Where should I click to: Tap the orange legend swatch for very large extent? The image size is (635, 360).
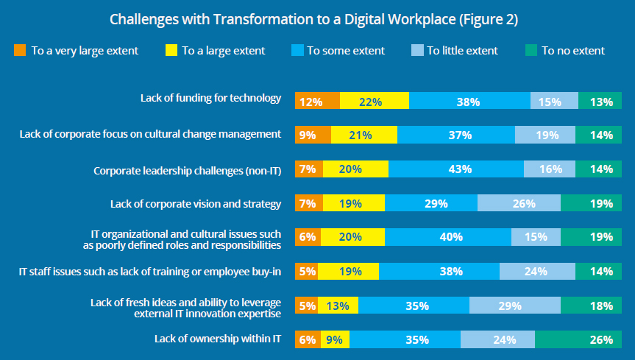pyautogui.click(x=20, y=51)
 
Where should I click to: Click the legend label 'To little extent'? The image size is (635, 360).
pyautogui.click(x=462, y=51)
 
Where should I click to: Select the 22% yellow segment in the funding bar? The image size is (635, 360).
pyautogui.click(x=375, y=102)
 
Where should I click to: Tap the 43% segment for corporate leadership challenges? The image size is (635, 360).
pyautogui.click(x=456, y=169)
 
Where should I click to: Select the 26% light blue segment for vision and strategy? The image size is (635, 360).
pyautogui.click(x=519, y=203)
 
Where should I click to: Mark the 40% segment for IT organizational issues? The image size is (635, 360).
pyautogui.click(x=447, y=237)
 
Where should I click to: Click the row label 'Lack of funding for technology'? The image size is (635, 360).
pyautogui.click(x=211, y=98)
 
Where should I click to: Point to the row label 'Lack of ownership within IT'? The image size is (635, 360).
pyautogui.click(x=219, y=339)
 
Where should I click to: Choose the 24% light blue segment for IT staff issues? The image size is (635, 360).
pyautogui.click(x=535, y=271)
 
